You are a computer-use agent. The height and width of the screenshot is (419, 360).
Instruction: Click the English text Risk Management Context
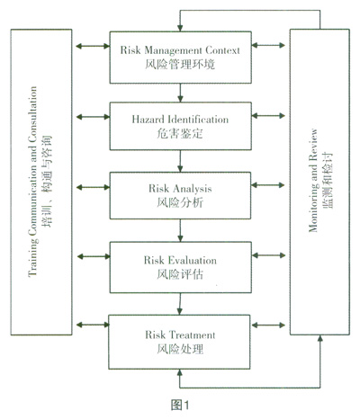point(180,50)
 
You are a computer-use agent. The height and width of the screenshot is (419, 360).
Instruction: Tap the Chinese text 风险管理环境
point(180,64)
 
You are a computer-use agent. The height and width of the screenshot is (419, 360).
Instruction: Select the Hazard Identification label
point(180,120)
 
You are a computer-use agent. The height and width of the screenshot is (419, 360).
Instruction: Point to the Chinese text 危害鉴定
point(180,133)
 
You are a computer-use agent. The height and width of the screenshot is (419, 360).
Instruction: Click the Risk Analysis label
point(180,189)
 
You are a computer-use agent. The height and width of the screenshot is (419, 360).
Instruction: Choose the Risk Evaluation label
point(180,260)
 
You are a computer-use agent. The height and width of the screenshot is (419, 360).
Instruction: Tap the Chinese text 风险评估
point(180,274)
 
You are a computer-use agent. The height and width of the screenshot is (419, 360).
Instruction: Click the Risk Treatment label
point(180,334)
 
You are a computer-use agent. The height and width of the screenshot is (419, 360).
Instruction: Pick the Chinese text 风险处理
point(180,349)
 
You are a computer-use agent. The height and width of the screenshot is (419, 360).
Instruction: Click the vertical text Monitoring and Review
point(313,181)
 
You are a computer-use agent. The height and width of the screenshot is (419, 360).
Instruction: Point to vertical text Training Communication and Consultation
point(32,182)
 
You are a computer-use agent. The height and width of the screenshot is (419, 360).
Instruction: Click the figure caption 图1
point(180,406)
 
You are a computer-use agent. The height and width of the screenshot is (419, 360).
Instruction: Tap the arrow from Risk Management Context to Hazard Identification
point(180,93)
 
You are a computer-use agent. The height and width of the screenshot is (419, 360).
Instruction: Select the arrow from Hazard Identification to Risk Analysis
point(180,161)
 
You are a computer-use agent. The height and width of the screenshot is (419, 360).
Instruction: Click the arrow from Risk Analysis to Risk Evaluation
point(180,230)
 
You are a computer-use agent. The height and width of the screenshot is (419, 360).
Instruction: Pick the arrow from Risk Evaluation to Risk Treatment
point(180,304)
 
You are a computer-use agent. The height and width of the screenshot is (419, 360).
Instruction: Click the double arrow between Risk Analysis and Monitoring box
point(268,185)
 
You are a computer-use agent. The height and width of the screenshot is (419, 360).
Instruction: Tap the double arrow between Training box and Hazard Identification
point(93,117)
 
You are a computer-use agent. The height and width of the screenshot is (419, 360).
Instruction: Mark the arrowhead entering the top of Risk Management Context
point(180,28)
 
